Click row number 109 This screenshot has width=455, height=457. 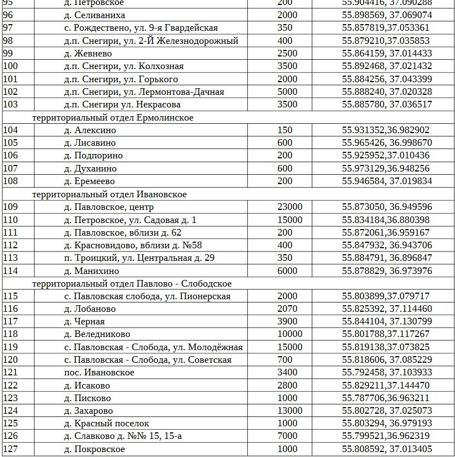point(11,207)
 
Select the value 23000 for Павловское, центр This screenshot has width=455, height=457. point(290,207)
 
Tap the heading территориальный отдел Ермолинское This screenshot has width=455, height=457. point(113,118)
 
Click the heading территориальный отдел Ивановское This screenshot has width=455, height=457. point(109,195)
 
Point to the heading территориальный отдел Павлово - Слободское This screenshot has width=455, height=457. point(132,284)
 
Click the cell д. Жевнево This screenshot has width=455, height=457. point(87,54)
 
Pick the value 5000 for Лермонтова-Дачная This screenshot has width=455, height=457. point(288,92)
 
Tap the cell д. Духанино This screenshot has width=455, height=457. point(90,169)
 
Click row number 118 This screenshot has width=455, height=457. point(11,334)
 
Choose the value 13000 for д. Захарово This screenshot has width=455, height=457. point(290,411)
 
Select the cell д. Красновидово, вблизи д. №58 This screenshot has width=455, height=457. point(133,245)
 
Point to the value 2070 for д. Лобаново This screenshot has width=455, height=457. point(288,309)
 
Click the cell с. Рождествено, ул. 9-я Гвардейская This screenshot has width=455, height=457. point(141,28)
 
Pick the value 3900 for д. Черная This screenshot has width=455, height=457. point(288,322)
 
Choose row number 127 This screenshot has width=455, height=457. point(11,449)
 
